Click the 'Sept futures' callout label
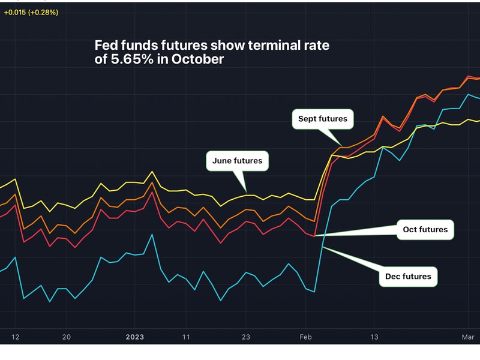pyautogui.click(x=323, y=119)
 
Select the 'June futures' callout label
pyautogui.click(x=237, y=161)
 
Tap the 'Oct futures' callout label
pyautogui.click(x=425, y=229)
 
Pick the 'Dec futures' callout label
pyautogui.click(x=409, y=277)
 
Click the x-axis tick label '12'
pyautogui.click(x=16, y=337)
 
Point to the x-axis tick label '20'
pyautogui.click(x=67, y=337)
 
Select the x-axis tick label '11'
pyautogui.click(x=186, y=337)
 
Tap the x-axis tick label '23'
pyautogui.click(x=246, y=337)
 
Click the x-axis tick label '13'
pyautogui.click(x=374, y=337)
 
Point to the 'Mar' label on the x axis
pyautogui.click(x=469, y=337)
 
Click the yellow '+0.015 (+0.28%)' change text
pyautogui.click(x=31, y=12)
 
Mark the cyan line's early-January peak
pyautogui.click(x=152, y=235)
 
